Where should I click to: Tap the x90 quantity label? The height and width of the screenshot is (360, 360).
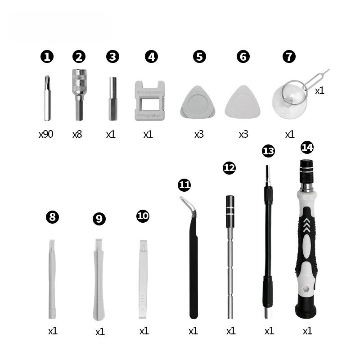tap(46, 134)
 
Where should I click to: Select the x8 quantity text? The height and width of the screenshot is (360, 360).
tap(77, 134)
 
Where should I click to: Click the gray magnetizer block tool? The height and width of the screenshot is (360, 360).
tap(148, 100)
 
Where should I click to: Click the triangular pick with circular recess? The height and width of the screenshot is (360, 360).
tap(198, 103)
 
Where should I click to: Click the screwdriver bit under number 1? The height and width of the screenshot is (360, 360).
tap(47, 98)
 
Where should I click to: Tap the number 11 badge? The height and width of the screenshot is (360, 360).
tap(184, 185)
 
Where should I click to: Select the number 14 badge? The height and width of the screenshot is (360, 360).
tap(307, 147)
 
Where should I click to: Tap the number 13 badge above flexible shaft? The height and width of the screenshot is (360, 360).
tap(268, 151)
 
